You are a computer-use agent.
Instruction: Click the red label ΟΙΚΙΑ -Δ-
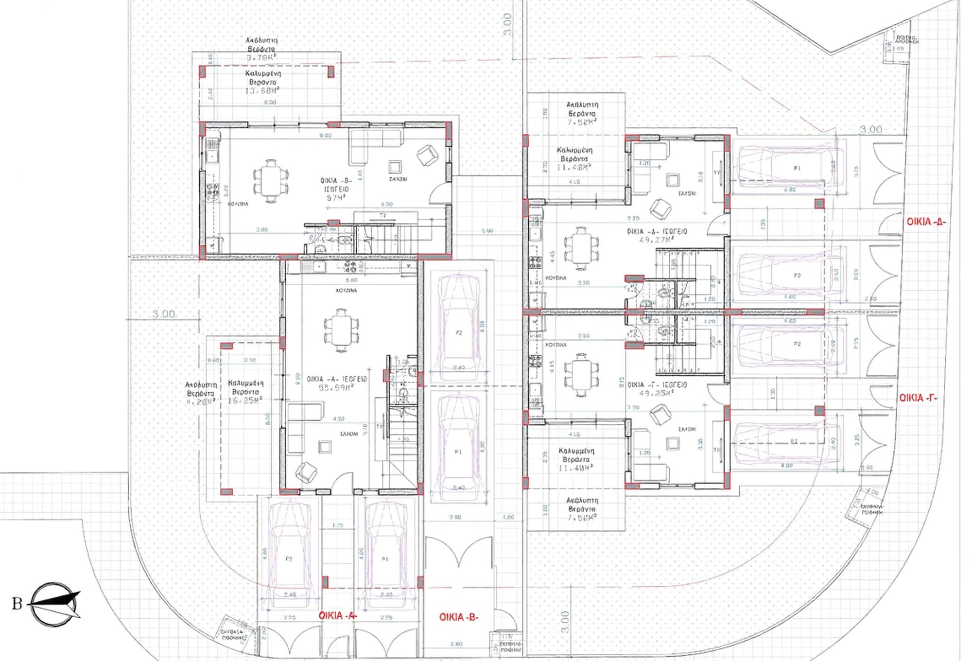[926, 222]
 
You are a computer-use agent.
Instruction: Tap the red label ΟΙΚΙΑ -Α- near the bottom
[338, 615]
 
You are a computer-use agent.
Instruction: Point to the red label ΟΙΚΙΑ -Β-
[459, 617]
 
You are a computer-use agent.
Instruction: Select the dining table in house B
[270, 181]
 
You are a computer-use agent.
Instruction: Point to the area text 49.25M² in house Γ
[656, 393]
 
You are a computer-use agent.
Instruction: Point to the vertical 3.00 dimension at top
[507, 24]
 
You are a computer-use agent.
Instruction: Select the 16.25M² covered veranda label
[245, 400]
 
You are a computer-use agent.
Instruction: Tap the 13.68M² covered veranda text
[262, 91]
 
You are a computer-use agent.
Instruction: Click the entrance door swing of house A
[343, 481]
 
